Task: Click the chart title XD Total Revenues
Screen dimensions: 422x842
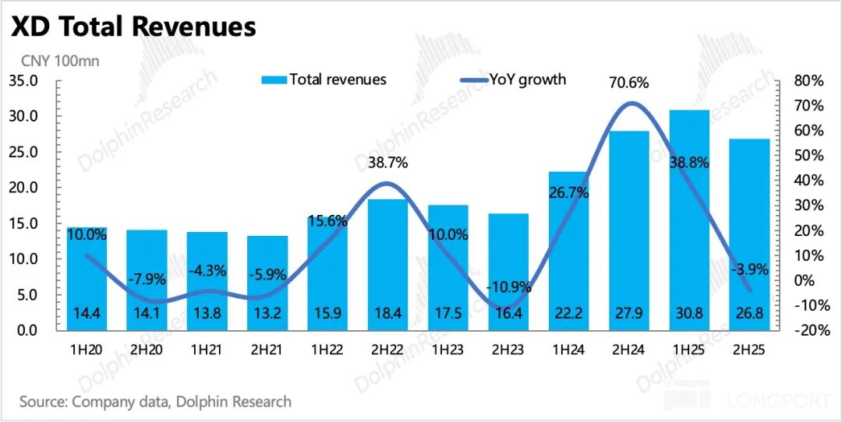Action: [133, 26]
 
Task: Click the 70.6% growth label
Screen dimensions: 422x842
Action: [629, 83]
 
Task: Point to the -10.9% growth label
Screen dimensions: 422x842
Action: [509, 287]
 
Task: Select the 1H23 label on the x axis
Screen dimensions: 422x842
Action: [448, 350]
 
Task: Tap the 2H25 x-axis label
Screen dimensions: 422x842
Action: [750, 350]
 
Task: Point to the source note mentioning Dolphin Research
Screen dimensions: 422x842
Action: [156, 402]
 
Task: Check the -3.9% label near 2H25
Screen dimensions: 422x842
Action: [750, 269]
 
